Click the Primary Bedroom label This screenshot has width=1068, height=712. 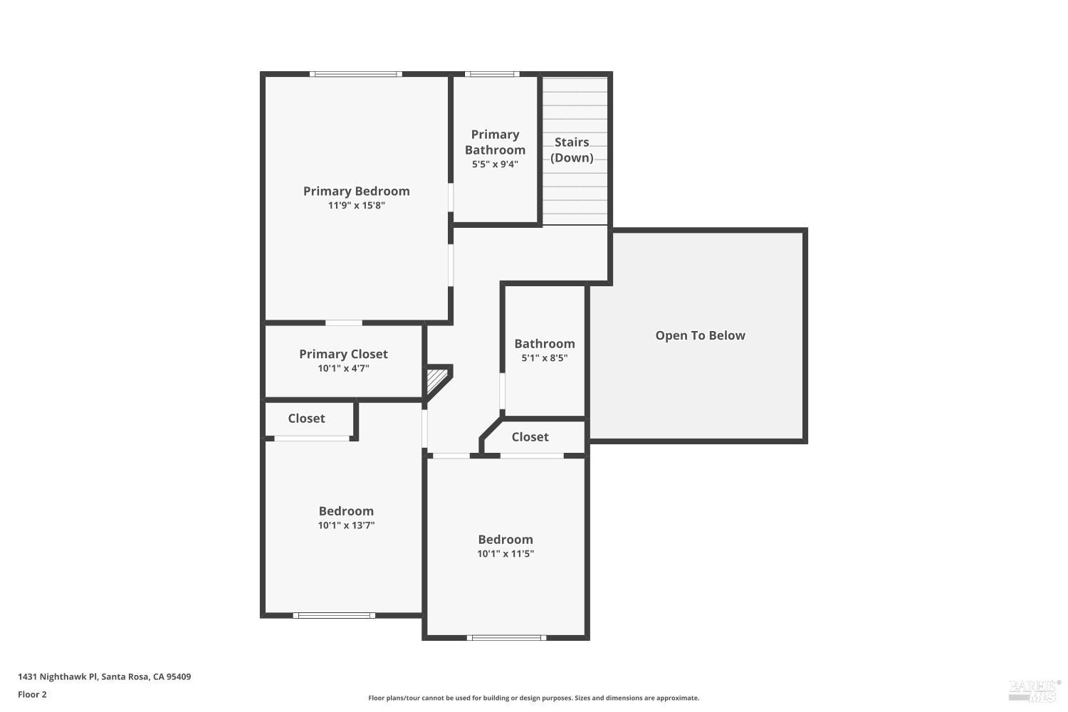356,192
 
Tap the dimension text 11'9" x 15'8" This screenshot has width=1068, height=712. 356,206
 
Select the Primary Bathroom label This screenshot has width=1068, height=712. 495,142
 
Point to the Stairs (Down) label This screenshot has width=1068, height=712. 572,150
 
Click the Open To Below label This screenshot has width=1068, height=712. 700,335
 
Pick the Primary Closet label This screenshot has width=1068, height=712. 343,355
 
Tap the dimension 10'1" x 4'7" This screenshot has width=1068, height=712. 343,369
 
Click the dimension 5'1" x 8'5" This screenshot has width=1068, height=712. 545,358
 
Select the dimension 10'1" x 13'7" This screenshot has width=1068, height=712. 346,525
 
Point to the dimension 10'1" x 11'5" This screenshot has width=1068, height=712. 506,554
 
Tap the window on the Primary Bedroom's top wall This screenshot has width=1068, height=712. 356,74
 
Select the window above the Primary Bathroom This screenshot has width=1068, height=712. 492,74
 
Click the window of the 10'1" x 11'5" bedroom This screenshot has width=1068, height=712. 506,638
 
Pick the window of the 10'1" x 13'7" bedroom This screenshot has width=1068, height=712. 334,616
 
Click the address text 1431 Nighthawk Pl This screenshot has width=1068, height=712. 58,676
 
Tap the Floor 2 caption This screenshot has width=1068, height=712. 33,694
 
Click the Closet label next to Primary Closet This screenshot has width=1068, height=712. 306,419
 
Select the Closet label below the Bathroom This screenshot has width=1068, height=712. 530,437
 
